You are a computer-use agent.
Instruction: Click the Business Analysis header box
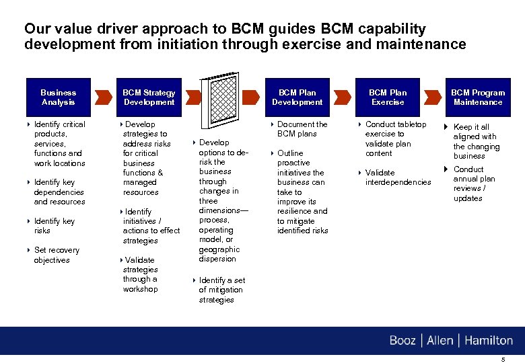click(x=59, y=97)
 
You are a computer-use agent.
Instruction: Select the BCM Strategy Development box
click(x=149, y=97)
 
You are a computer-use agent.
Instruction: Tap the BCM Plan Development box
click(x=297, y=97)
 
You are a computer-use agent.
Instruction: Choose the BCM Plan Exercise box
click(x=388, y=97)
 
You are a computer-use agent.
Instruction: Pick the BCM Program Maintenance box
click(x=477, y=97)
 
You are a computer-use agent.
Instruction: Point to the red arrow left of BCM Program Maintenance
click(x=433, y=97)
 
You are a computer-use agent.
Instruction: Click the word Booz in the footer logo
click(x=403, y=341)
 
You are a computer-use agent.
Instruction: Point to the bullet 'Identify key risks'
click(x=54, y=226)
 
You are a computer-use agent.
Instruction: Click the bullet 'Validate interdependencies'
click(x=397, y=177)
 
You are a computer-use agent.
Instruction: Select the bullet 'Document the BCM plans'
click(x=302, y=129)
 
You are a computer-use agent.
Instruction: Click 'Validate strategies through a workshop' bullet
click(x=141, y=274)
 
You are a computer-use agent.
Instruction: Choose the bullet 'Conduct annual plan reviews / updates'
click(x=473, y=184)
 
